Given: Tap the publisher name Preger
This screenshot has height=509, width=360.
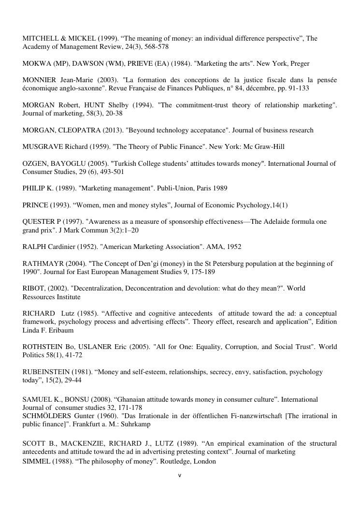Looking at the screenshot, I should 300,63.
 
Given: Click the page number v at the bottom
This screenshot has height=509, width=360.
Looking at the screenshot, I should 180,476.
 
